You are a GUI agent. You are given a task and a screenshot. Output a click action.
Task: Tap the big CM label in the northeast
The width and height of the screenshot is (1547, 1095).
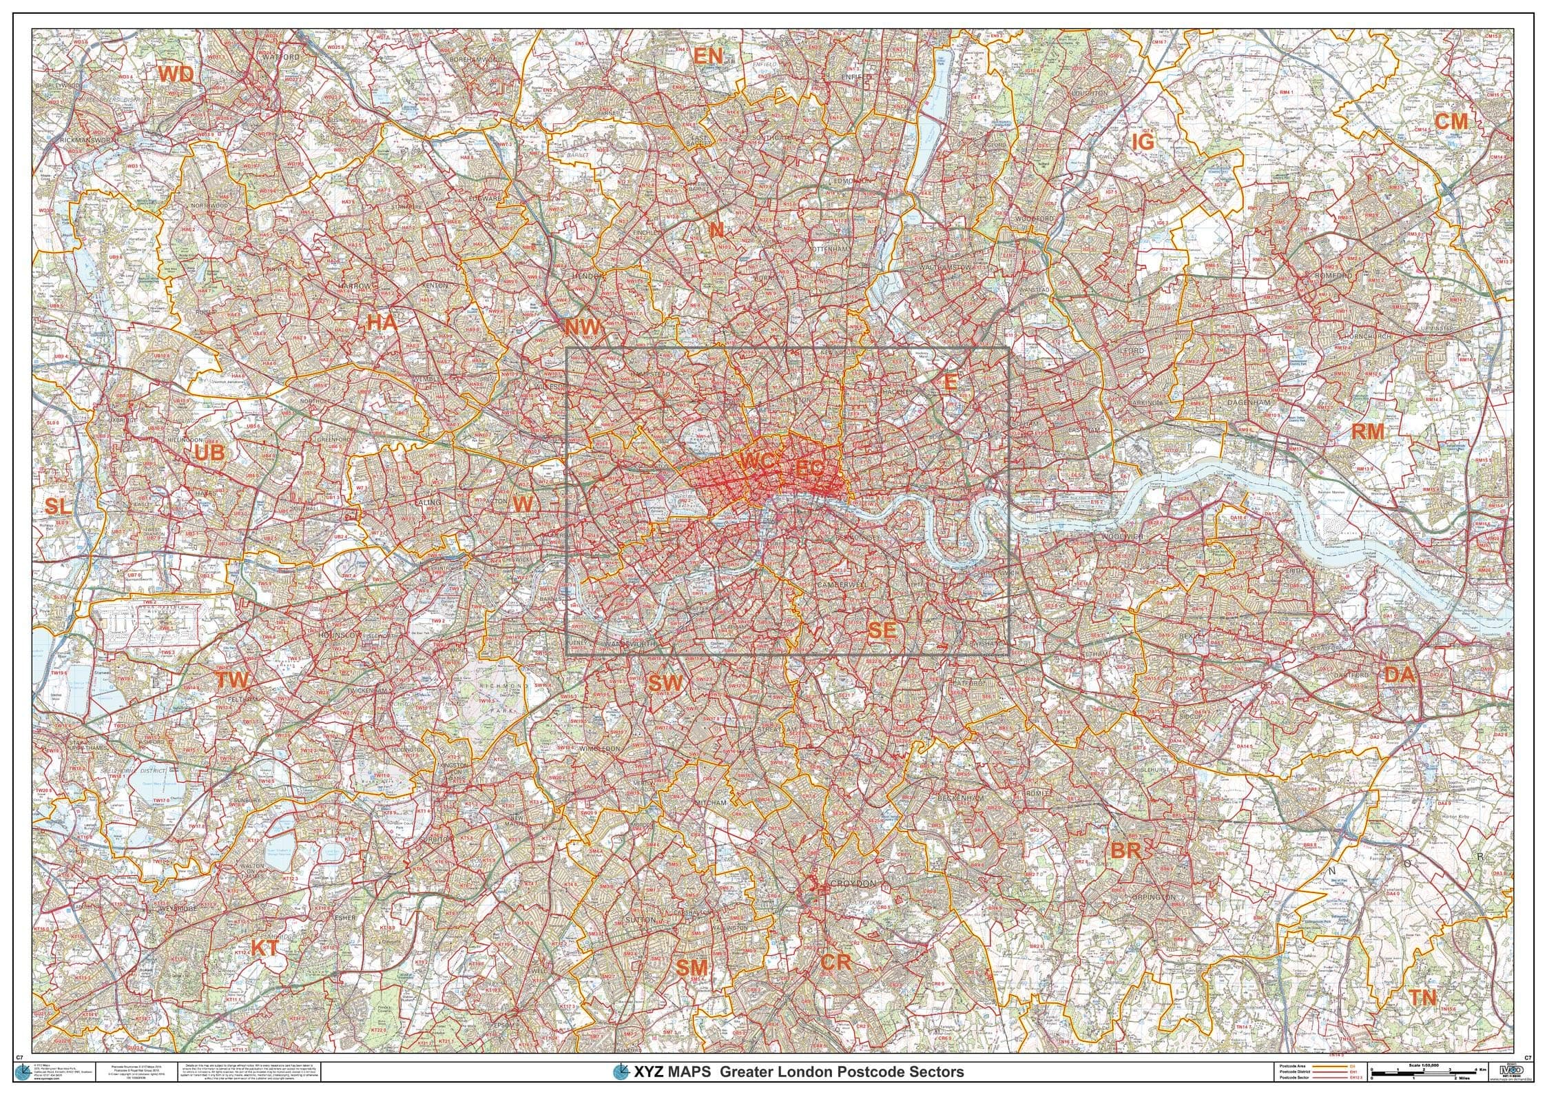point(1451,121)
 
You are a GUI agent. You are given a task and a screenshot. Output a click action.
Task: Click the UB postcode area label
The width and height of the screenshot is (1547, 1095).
point(209,453)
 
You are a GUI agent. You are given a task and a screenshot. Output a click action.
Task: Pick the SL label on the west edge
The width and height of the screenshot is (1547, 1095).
point(58,506)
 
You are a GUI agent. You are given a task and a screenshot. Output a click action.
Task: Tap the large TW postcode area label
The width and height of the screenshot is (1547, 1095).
point(232,681)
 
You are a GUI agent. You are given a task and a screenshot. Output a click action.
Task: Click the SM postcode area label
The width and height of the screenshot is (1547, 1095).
point(691,968)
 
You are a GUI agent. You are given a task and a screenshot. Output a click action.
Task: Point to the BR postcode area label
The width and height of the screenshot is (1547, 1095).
point(1125,850)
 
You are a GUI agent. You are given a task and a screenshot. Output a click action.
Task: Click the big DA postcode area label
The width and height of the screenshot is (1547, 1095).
point(1399,675)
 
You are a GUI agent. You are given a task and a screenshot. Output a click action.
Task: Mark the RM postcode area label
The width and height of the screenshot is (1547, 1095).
point(1367,432)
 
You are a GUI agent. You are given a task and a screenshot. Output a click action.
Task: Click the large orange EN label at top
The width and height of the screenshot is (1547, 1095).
point(707,56)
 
